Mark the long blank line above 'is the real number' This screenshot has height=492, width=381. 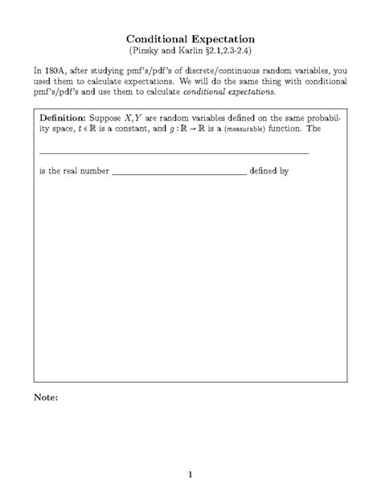coord(174,152)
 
